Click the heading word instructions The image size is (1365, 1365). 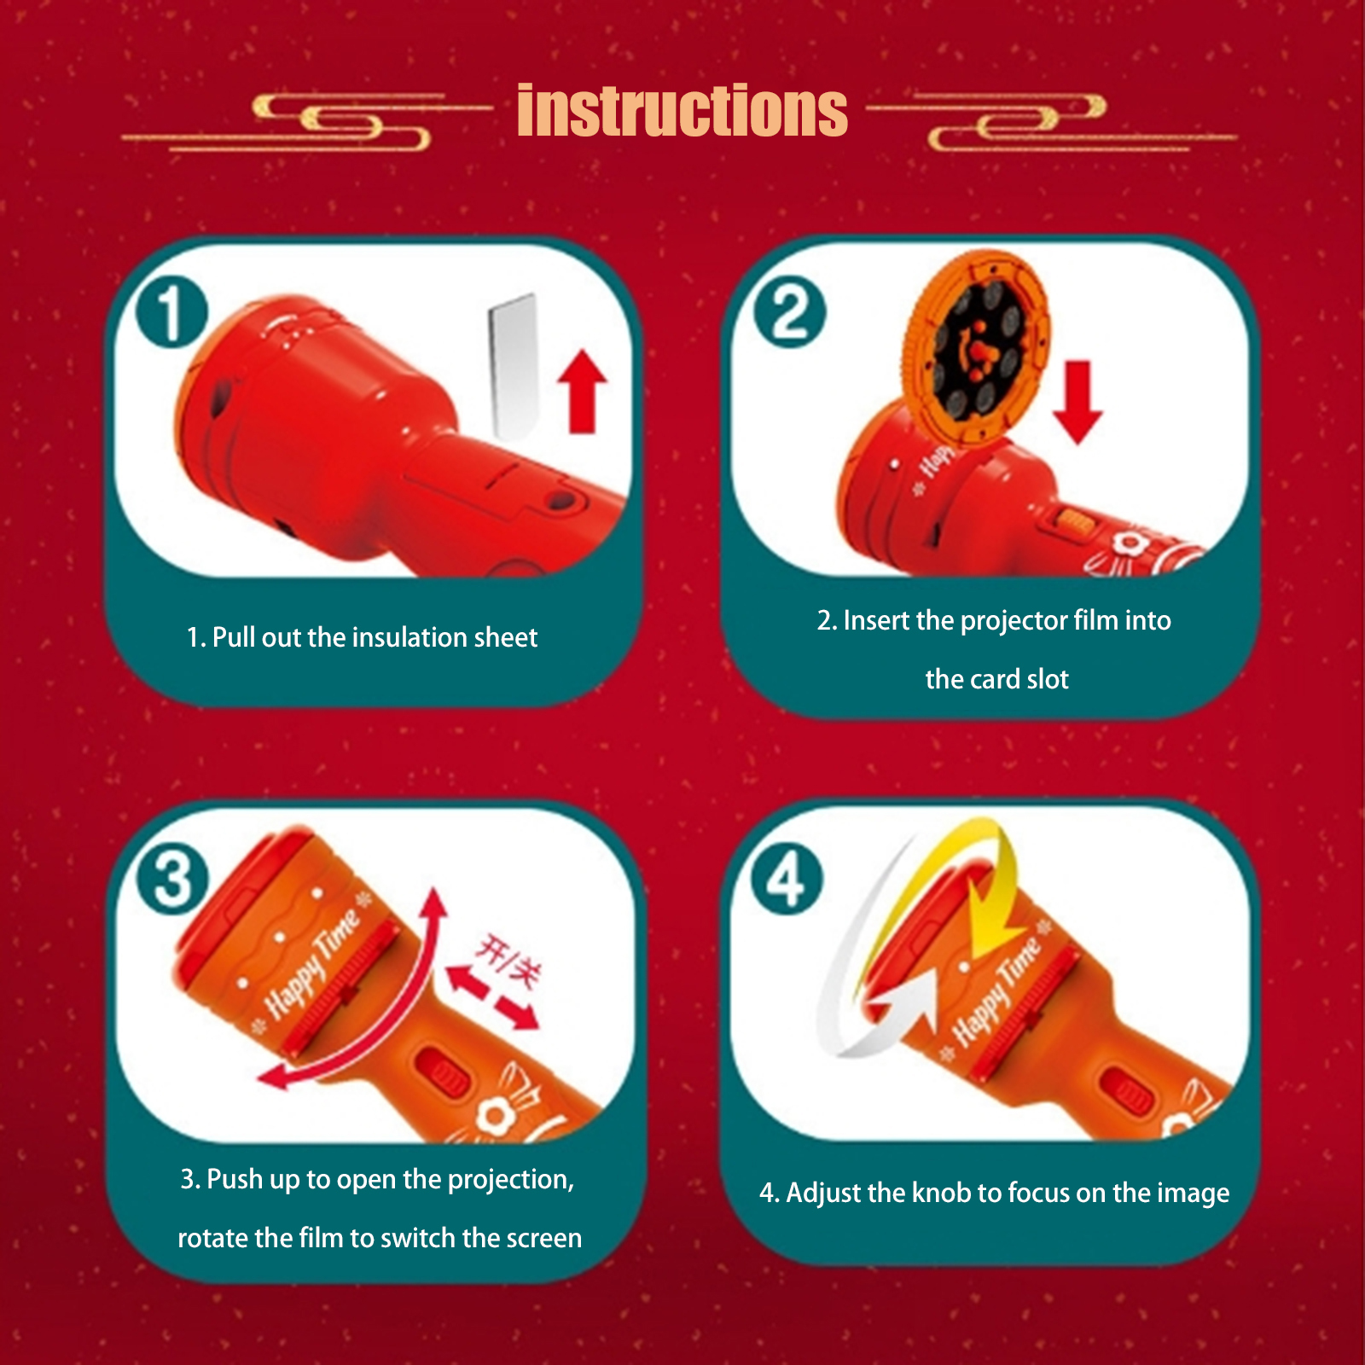(682, 110)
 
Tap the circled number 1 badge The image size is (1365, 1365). (171, 312)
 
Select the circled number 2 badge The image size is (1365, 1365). (789, 312)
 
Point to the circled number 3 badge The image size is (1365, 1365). (173, 880)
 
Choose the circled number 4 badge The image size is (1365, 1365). (787, 880)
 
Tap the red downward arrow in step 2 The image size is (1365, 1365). (1077, 402)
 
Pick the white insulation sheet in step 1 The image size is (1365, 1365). (514, 367)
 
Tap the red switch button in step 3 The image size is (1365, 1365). (442, 1072)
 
